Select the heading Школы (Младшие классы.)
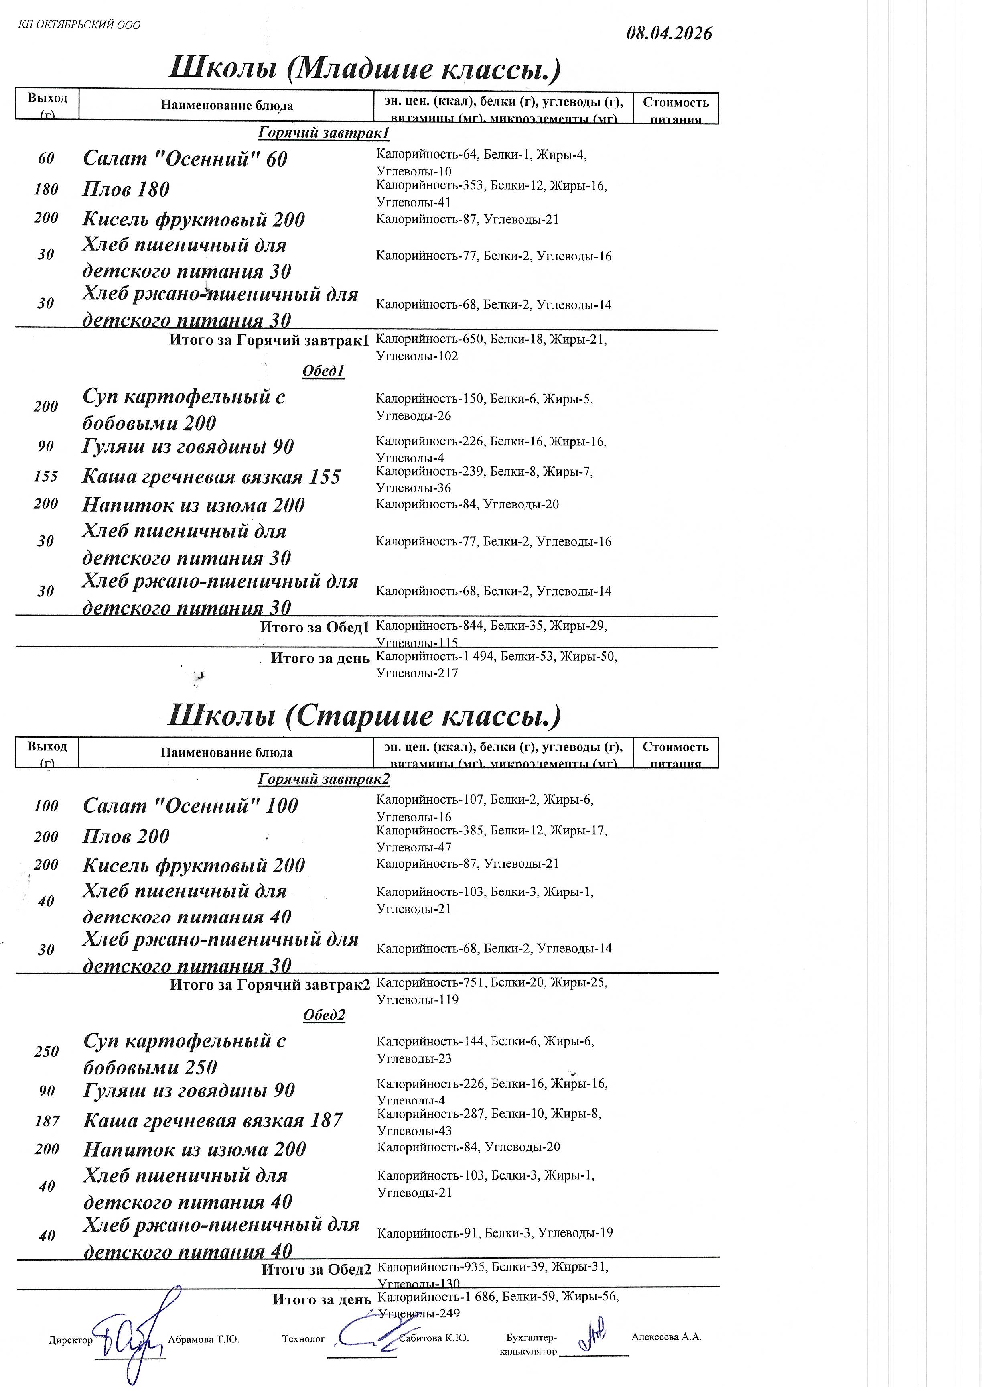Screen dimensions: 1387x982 tap(365, 68)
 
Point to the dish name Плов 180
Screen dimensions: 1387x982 tap(126, 189)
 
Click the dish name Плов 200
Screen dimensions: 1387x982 tap(126, 836)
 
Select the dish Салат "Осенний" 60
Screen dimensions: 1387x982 tap(185, 159)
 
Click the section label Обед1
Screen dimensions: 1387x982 tap(323, 371)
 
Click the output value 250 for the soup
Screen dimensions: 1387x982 tap(47, 1051)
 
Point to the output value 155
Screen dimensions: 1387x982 tap(46, 477)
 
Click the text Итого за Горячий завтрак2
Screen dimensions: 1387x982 tap(270, 985)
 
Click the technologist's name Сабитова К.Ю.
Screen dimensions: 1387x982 tap(434, 1338)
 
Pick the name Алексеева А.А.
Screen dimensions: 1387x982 tap(666, 1337)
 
